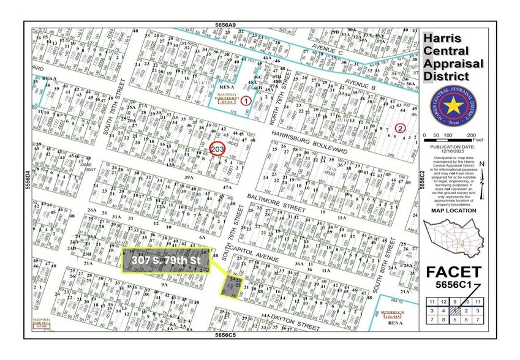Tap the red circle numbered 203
[217, 149]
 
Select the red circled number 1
[246, 100]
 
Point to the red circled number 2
[400, 128]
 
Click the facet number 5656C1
[453, 285]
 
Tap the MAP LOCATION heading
[453, 211]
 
